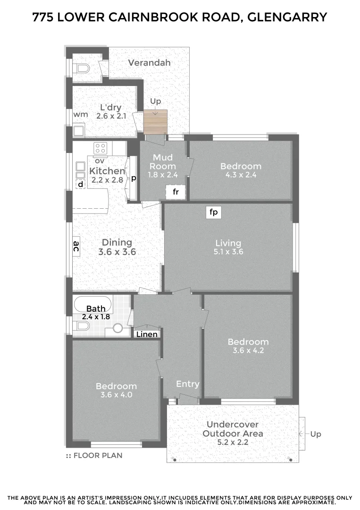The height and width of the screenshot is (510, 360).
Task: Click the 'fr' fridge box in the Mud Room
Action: coord(176,192)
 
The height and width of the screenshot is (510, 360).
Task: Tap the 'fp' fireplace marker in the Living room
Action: coord(214,212)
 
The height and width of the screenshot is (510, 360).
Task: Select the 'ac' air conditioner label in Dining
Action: coord(76,246)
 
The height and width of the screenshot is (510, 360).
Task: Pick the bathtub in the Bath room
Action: coord(93,304)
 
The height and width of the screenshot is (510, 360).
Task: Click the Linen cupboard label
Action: coord(146,334)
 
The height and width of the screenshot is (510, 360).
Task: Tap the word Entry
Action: coord(188,384)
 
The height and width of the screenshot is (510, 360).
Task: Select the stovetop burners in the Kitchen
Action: coord(100,148)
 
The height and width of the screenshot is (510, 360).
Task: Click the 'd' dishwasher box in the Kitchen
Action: coord(81,184)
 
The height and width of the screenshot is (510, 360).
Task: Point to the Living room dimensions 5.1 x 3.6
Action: coord(228,252)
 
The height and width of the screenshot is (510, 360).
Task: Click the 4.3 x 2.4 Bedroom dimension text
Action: coord(241,175)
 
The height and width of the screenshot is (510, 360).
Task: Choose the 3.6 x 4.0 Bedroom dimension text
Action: coord(116,395)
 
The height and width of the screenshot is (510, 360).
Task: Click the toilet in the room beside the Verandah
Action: coord(82,69)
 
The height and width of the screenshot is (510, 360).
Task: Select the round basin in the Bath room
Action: coord(117,328)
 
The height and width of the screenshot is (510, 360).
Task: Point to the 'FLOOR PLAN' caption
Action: coord(98,456)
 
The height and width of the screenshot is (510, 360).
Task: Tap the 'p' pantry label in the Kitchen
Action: coord(134,178)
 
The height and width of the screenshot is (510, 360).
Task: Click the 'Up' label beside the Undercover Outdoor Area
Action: coord(316,433)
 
